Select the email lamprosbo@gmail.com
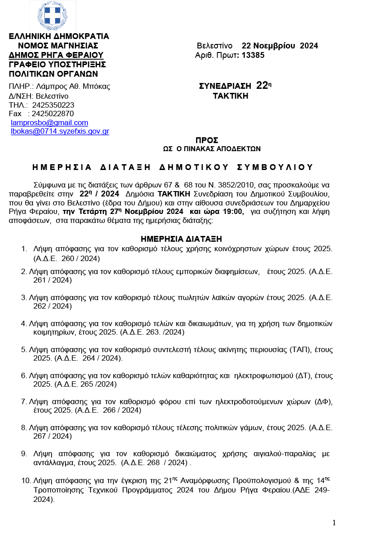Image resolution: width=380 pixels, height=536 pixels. pyautogui.click(x=49, y=123)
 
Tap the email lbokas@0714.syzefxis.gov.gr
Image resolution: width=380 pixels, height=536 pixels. pyautogui.click(x=60, y=131)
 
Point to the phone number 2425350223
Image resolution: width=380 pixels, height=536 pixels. pyautogui.click(x=53, y=105)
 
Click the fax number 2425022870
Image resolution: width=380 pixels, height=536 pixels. pyautogui.click(x=53, y=114)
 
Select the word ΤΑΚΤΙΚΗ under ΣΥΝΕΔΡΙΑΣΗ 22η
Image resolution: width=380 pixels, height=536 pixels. pyautogui.click(x=230, y=96)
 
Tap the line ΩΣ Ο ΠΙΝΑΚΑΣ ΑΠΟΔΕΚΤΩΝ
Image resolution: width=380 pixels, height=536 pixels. pyautogui.click(x=212, y=148)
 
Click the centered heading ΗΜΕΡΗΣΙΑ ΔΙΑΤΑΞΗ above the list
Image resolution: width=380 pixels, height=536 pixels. pyautogui.click(x=181, y=240)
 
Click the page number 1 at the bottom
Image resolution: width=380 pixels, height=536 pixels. pyautogui.click(x=334, y=523)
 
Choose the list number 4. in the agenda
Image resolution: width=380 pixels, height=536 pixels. pyautogui.click(x=24, y=323)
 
